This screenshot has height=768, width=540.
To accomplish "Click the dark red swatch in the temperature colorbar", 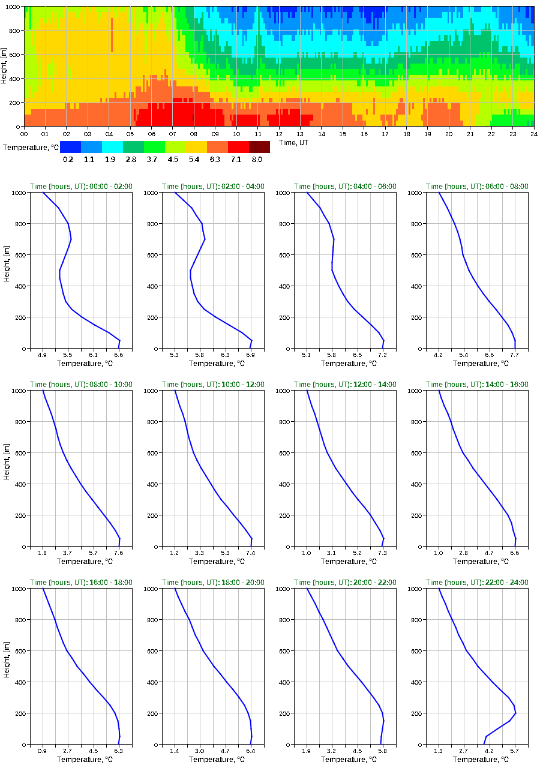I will point(259,147).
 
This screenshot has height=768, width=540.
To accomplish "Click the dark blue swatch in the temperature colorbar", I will point(70,147).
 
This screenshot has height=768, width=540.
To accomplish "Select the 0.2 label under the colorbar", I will point(67,160).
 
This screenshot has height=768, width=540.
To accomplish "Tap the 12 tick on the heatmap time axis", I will point(279,134).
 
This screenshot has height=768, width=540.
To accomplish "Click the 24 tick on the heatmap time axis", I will point(533,134).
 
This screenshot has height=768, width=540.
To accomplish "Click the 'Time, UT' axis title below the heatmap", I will point(292,143).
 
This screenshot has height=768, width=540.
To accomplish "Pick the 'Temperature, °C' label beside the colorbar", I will point(29,147).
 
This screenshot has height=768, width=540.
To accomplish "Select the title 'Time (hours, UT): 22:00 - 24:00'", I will point(477,583).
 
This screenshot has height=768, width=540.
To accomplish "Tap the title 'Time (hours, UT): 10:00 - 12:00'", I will point(213,385).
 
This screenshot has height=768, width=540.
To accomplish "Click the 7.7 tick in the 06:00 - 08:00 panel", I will point(515,355).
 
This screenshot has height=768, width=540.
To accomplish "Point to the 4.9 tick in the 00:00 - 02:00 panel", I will point(42,355).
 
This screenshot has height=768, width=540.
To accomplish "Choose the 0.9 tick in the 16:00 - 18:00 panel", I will point(42,751).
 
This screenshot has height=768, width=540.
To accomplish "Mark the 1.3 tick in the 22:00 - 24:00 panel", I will point(439,751).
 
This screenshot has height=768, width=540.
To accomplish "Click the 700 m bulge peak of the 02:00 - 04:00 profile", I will point(205,239).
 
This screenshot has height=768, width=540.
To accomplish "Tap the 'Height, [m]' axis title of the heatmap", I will point(4,66).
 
